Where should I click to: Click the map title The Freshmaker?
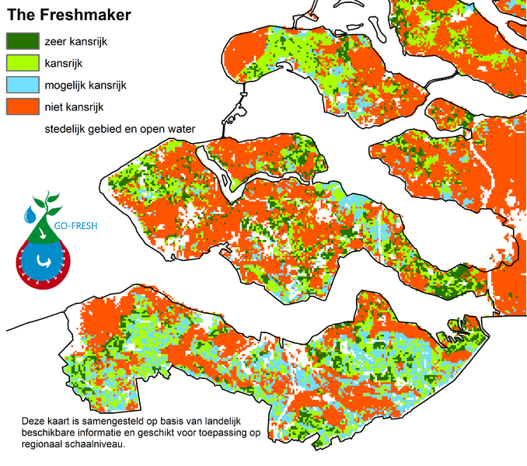(69, 15)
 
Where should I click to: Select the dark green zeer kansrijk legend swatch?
(22, 41)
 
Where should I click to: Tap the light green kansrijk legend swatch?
(22, 62)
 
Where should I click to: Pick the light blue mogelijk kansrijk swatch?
(22, 84)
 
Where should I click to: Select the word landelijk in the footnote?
(236, 421)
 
